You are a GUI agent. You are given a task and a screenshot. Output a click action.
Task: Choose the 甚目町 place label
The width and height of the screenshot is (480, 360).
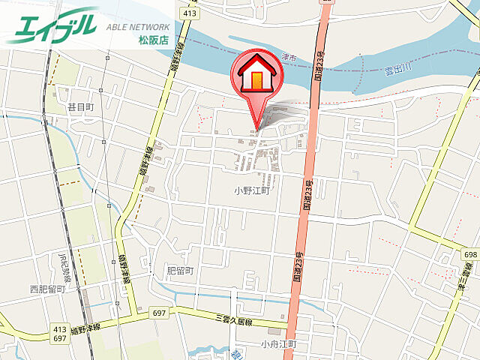tap(80, 108)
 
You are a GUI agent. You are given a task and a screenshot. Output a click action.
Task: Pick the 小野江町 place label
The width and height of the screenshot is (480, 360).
tap(250, 190)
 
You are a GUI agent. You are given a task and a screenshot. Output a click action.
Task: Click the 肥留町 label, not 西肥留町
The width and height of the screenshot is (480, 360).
tap(179, 270)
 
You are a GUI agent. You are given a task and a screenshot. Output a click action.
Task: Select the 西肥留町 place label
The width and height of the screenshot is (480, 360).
tap(48, 288)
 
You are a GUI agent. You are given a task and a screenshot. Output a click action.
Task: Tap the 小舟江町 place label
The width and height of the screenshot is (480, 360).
tap(279, 344)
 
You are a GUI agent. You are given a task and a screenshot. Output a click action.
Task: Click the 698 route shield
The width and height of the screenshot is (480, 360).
tap(470, 256)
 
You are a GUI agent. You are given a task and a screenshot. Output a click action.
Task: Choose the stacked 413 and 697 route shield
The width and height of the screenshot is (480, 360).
tap(60, 334)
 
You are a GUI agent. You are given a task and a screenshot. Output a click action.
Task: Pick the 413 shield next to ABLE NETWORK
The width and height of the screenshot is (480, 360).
tap(188, 13)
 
